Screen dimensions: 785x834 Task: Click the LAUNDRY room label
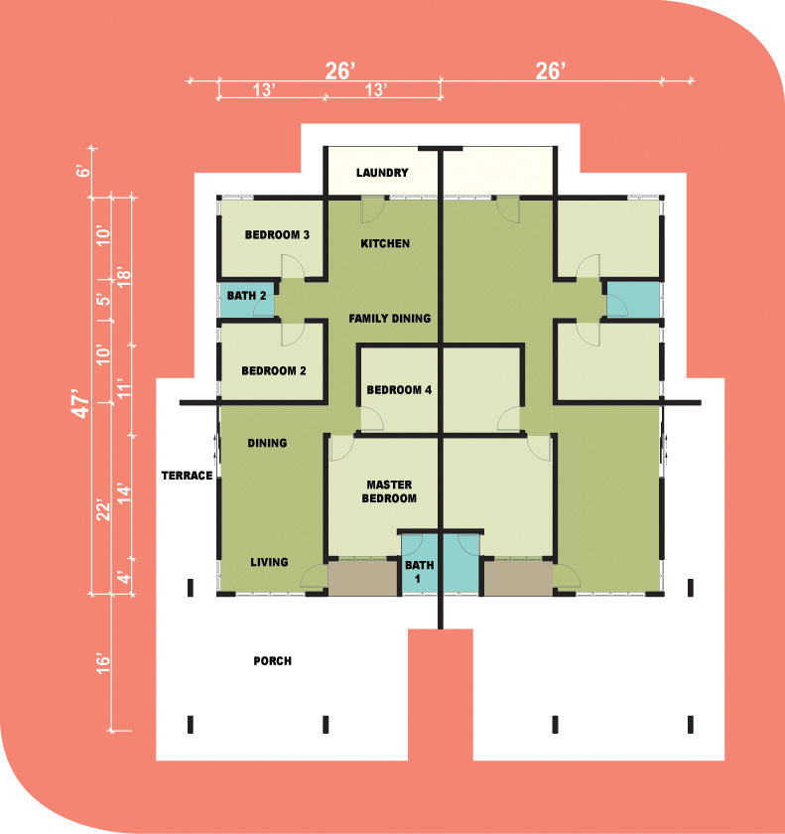point(382,173)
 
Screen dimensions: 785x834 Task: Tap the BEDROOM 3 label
point(277,235)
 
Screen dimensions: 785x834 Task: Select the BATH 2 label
point(246,296)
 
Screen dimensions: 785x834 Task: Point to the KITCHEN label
point(385,243)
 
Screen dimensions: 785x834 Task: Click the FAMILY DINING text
point(390,319)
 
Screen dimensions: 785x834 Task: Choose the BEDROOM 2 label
point(274,370)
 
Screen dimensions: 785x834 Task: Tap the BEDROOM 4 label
point(399,390)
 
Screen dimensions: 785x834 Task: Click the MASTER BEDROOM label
point(389,491)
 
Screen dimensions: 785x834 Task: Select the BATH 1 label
point(420,572)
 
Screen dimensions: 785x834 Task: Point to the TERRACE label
point(188,476)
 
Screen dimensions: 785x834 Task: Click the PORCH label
point(273,661)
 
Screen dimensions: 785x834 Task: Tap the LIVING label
point(270,562)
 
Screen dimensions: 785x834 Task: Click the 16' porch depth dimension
point(103,664)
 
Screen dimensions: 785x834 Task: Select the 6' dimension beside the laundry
point(83,171)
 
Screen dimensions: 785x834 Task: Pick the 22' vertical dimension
point(103,510)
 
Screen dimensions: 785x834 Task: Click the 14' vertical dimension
point(123,494)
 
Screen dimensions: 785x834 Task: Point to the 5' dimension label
point(105,299)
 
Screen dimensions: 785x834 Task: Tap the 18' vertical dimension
point(123,277)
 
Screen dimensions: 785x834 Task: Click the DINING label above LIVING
point(267,443)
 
